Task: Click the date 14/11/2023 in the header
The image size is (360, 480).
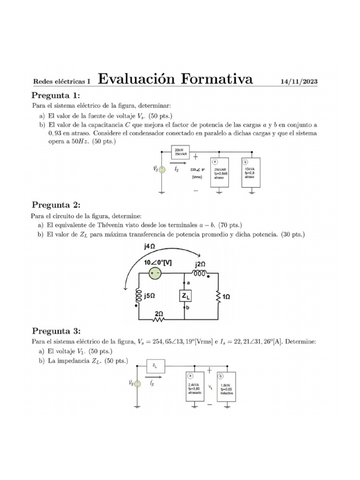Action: [x=299, y=82]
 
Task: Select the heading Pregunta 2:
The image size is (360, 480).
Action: [x=56, y=205]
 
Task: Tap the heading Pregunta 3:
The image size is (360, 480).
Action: [x=56, y=331]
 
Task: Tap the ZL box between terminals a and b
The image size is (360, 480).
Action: [x=185, y=296]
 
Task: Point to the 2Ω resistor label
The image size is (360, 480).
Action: [x=159, y=314]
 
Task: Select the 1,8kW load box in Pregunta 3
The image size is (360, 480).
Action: [x=226, y=387]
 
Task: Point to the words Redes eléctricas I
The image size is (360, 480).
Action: [x=62, y=82]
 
